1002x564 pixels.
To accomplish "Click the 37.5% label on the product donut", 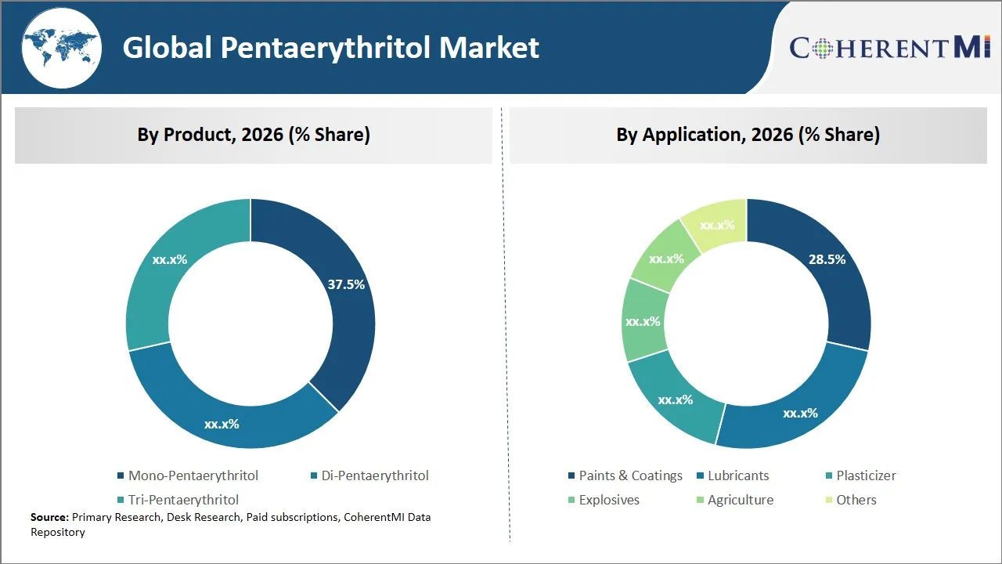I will point(346,284).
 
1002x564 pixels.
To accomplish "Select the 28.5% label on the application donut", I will point(827,259).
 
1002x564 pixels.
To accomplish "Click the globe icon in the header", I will point(60,47).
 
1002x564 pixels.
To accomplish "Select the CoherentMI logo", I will point(890,48).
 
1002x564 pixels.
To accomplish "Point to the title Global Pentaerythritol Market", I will point(330,48).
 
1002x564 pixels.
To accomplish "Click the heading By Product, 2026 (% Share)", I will point(254,135).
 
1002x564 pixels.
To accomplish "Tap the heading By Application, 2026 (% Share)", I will point(748,135).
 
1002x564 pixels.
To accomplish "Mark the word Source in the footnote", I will point(49,517).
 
